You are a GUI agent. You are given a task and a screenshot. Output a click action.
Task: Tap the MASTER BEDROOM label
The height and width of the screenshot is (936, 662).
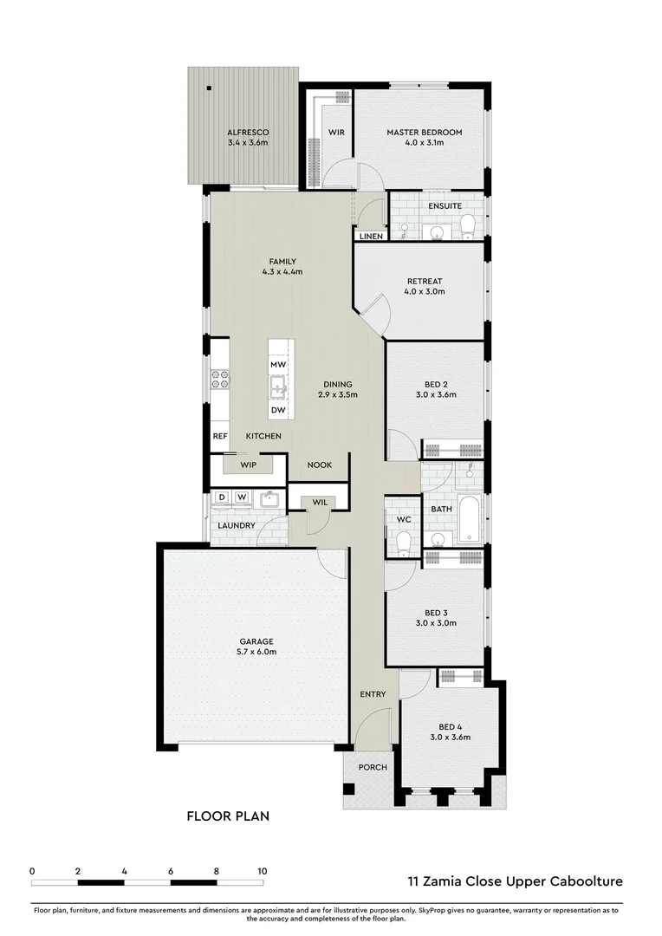[x=424, y=132]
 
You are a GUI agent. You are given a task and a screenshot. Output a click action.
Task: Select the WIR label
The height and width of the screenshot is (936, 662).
[x=337, y=132]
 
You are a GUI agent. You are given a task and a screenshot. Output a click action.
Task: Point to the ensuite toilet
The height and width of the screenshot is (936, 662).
[x=467, y=226]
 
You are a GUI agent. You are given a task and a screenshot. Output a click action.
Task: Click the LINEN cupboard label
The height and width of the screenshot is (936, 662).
[x=371, y=236]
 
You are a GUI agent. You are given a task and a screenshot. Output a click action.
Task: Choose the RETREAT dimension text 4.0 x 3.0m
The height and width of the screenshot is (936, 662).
[x=425, y=292]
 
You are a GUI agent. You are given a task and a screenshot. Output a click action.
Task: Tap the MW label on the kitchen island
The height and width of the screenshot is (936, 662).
[x=278, y=366]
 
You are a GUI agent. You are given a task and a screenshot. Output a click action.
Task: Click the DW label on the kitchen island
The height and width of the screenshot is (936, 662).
[x=278, y=410]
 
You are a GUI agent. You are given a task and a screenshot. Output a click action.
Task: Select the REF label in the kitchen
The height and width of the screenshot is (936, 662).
[x=220, y=436]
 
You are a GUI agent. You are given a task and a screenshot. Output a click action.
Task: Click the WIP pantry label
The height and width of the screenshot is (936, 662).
[x=249, y=465]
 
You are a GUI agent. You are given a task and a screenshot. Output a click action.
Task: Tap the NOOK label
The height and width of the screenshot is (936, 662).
[x=320, y=465]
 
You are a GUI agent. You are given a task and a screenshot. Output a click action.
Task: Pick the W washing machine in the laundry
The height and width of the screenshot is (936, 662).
[x=242, y=497]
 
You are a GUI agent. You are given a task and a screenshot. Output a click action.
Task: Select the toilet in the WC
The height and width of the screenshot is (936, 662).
[x=403, y=543]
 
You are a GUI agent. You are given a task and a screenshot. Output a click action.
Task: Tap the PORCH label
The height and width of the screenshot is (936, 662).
[x=373, y=767]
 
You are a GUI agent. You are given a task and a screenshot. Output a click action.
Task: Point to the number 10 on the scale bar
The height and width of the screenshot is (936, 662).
[x=262, y=871]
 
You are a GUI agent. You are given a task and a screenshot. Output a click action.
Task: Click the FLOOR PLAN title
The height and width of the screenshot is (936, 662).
[x=229, y=816]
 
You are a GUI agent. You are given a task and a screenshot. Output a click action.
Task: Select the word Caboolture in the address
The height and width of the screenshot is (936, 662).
[x=584, y=881]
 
